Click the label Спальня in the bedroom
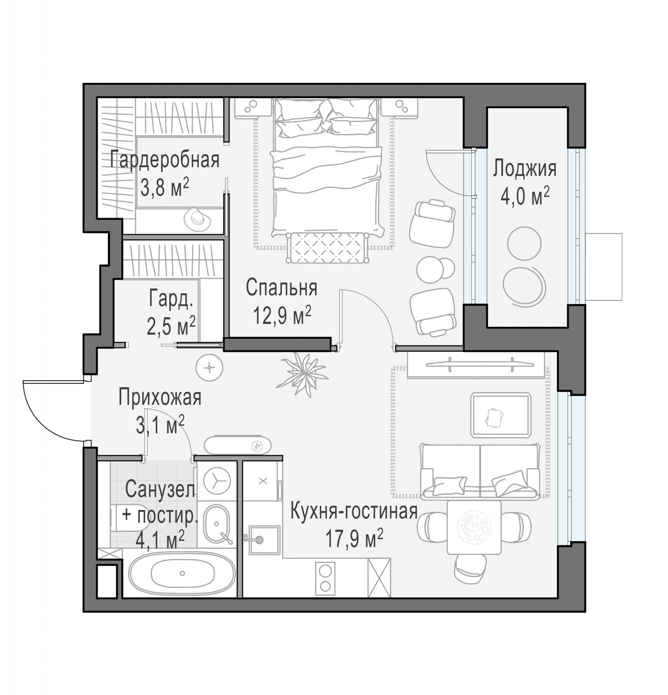281,288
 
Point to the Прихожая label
160,397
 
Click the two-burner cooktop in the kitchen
325,578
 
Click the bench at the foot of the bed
327,247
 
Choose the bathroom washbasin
217,524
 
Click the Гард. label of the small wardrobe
171,299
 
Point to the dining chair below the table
471,569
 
